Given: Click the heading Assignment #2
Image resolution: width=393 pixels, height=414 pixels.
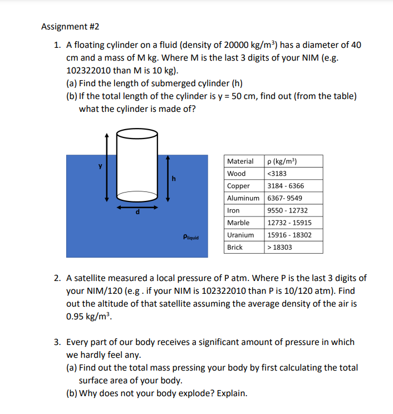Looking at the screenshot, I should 70,26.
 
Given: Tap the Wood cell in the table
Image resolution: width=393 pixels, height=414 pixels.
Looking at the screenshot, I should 236,174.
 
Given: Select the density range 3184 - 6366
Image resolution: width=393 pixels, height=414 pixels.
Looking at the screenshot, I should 286,186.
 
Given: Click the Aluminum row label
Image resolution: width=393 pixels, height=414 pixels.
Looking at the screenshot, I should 243,198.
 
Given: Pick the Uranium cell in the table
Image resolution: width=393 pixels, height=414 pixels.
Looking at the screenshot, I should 240,235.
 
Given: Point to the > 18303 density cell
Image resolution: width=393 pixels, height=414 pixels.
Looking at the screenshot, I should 280,247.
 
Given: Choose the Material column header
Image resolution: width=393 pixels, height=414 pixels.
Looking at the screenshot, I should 240,161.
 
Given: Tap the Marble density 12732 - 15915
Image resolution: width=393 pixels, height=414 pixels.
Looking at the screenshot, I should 289,223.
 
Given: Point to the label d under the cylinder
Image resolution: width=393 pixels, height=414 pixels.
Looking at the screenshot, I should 137,213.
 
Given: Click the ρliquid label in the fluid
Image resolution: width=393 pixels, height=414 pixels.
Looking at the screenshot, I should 190,237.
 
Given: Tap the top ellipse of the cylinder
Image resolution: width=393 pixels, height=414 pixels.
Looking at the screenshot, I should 137,134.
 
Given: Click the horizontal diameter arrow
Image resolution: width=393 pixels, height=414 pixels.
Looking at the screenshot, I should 137,206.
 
